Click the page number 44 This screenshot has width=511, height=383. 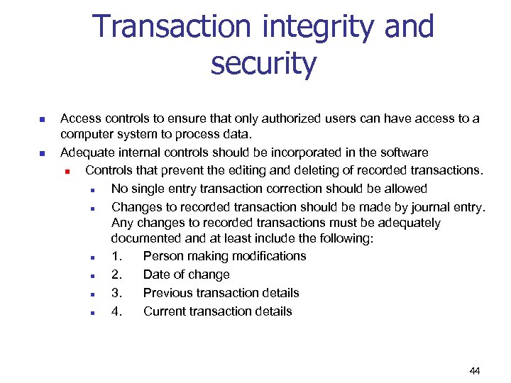[475, 371]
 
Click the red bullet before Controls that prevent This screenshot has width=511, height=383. [67, 171]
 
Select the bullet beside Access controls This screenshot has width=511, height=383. [42, 119]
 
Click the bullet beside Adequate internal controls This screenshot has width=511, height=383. [42, 153]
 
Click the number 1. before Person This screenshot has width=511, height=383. [116, 256]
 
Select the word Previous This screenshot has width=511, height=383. [169, 293]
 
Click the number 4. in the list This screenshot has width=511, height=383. [116, 311]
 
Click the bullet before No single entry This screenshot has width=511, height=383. [93, 189]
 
